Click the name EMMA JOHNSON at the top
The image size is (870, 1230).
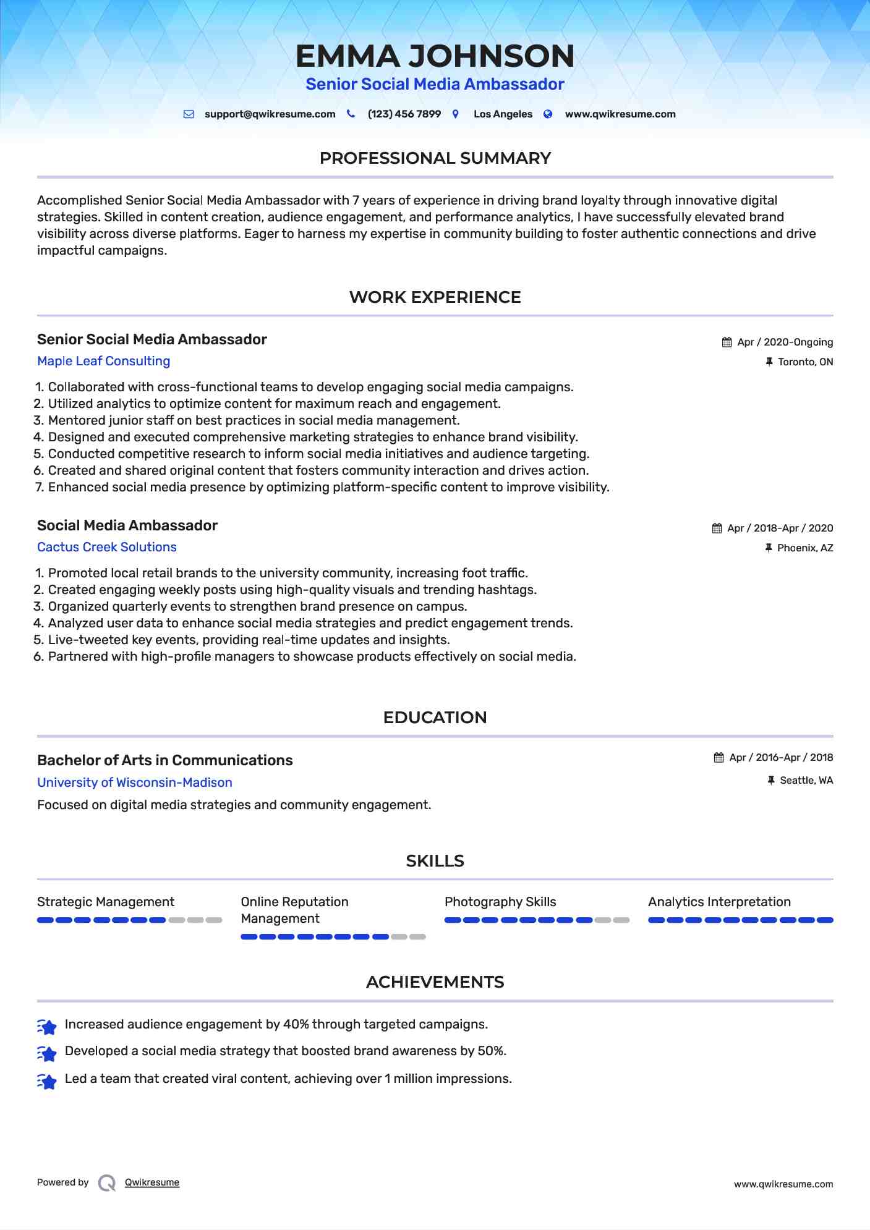tap(435, 56)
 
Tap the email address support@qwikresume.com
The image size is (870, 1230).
tap(270, 114)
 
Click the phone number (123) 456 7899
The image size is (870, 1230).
tap(404, 114)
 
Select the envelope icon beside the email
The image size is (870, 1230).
tap(189, 114)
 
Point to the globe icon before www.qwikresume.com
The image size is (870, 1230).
tap(548, 114)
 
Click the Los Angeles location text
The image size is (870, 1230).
tap(503, 114)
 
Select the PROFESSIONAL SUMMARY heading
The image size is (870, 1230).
tap(435, 158)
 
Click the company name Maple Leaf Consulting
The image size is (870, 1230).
tap(103, 361)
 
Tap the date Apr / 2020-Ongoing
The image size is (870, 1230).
tap(785, 342)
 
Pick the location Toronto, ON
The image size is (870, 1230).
tap(805, 362)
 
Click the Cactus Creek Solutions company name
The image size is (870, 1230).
tap(106, 547)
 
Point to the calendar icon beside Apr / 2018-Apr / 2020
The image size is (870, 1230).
tap(717, 528)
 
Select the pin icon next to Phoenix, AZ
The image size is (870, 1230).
tap(769, 548)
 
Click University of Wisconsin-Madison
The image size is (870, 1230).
tap(134, 783)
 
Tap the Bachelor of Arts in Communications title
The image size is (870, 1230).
tap(164, 760)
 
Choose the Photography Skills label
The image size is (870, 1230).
tap(500, 902)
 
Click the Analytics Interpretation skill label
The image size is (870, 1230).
tap(719, 902)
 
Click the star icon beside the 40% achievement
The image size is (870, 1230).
tap(47, 1027)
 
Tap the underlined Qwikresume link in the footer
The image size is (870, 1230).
tap(152, 1182)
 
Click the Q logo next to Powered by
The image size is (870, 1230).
tap(107, 1183)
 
